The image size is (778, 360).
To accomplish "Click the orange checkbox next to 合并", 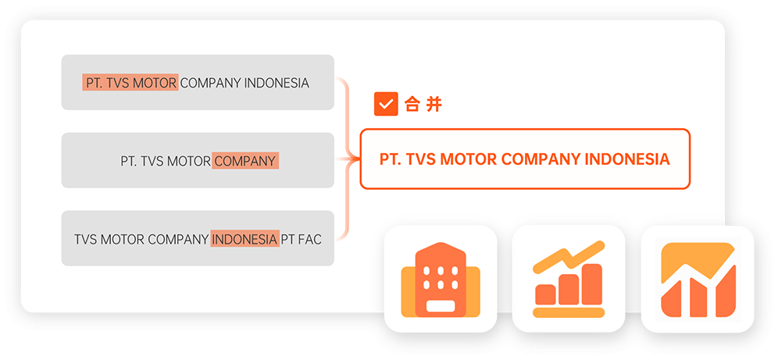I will pos(386,104).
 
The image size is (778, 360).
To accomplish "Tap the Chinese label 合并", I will pos(423,105).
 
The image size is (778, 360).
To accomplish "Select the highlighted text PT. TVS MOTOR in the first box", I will pos(130,83).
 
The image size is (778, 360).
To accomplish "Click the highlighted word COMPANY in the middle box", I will pos(245,162).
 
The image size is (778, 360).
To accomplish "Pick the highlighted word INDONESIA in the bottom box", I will pos(244,240).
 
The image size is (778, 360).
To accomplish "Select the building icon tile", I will pos(441,279).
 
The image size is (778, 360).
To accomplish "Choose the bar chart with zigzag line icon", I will pos(569,279).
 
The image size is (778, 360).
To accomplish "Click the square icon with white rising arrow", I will pos(698,279).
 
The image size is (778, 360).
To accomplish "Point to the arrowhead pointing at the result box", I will pos(354,159).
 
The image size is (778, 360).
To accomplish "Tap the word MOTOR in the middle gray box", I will pos(188,162).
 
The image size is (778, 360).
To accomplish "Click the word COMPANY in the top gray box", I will pos(210,83).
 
